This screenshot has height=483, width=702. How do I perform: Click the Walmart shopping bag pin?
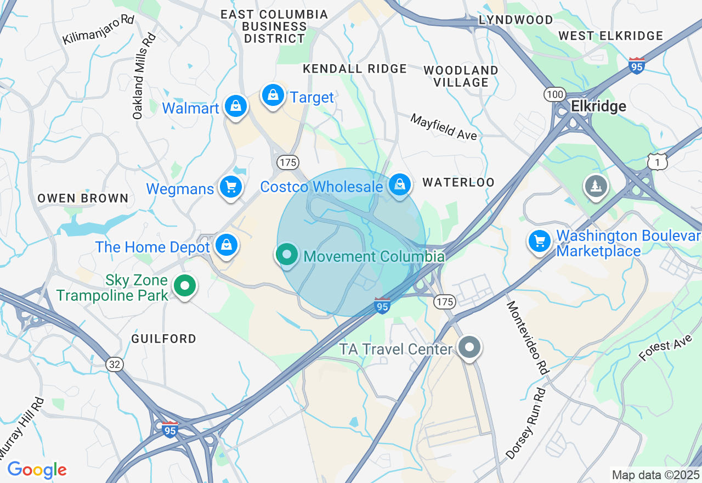235,106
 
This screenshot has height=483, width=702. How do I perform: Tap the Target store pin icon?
273,96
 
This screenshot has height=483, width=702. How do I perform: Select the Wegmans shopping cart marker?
231,187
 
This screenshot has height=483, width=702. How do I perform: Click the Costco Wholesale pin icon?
401,184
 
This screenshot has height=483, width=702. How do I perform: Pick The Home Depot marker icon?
226,245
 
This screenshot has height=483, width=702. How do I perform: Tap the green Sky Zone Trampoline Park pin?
185,286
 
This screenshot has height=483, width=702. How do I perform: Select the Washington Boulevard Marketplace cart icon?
539,241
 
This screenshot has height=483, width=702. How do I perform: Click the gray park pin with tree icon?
596,186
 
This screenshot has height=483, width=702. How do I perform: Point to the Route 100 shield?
554,94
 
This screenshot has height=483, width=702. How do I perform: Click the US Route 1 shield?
657,161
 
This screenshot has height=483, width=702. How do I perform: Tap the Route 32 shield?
115,364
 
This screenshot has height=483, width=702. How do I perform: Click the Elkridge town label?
598,106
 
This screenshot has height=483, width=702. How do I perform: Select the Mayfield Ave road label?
444,127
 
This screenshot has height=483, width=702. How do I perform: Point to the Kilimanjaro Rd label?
98,30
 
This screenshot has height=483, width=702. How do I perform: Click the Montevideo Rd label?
527,338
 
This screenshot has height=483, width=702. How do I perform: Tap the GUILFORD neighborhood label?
163,339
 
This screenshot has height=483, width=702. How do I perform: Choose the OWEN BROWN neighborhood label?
83,198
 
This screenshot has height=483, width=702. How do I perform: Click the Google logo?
37,470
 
